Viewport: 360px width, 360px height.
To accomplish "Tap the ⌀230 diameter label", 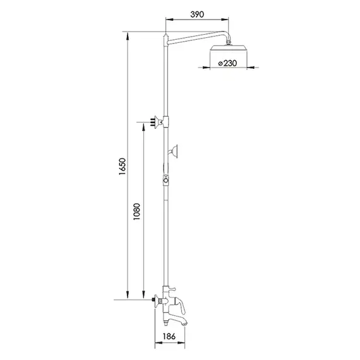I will click(x=226, y=63).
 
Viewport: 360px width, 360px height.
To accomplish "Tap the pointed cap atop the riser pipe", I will click(x=165, y=37).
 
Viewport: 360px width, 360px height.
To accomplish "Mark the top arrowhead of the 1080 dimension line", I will click(x=145, y=126).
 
